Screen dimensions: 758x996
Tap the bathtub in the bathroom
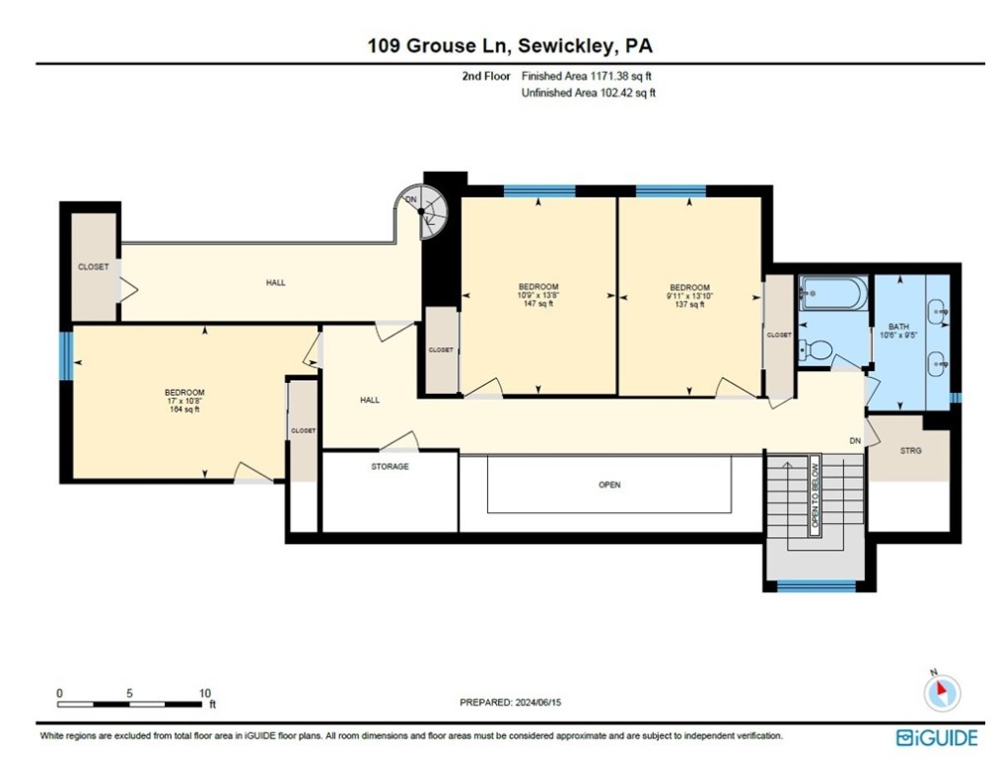coord(834,293)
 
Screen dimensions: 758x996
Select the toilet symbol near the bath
coord(816,349)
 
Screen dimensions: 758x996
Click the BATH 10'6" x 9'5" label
coord(898,330)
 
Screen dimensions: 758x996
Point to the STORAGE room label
coord(390,466)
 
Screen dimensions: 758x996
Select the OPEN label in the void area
coord(609,485)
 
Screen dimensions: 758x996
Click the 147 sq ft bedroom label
coord(538,295)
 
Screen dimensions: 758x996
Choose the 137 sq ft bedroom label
coord(690,295)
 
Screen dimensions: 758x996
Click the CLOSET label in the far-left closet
coord(94,266)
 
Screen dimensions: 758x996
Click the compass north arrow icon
coord(941,692)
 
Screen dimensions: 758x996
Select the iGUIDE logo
coord(937,737)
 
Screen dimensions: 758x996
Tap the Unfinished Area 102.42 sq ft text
coord(588,93)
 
